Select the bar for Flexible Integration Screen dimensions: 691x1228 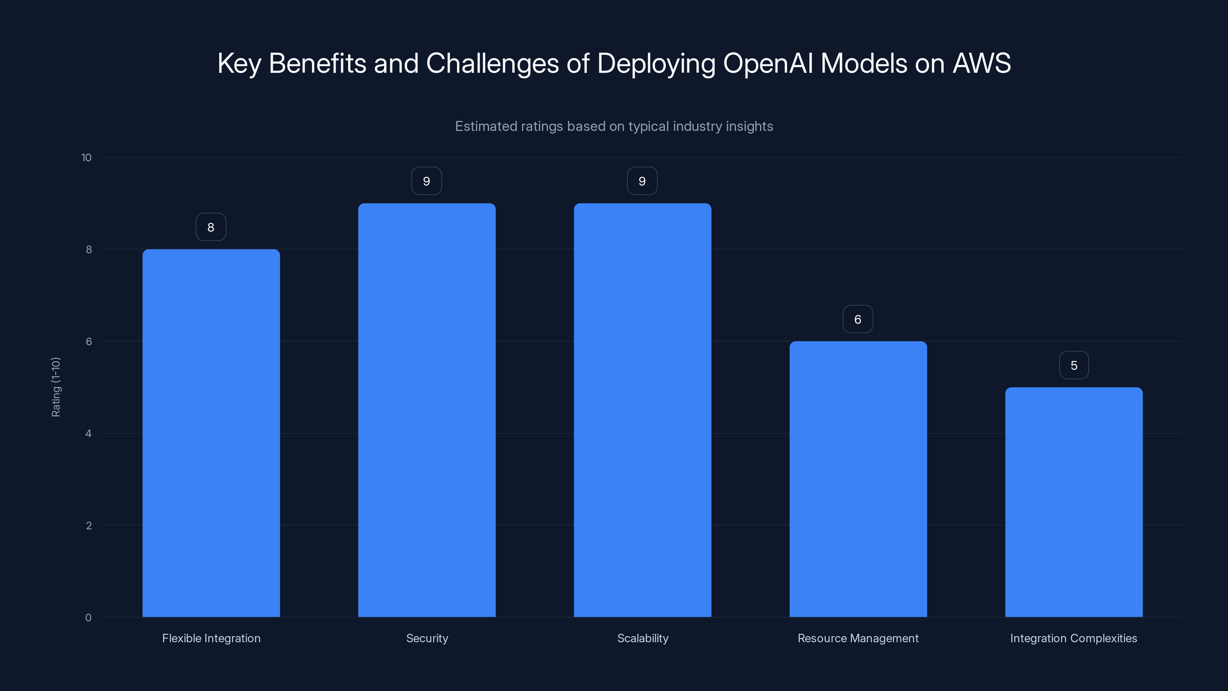tap(211, 433)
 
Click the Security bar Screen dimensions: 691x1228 tap(427, 410)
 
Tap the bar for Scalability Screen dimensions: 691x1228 tap(642, 410)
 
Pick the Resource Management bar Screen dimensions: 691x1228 tap(858, 479)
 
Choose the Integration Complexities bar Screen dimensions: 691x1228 tap(1074, 502)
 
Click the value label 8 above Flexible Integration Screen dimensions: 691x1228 tap(211, 227)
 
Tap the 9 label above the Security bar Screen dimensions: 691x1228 tap(427, 181)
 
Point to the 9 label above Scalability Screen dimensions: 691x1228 tap(642, 181)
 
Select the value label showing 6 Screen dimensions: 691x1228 tap(858, 319)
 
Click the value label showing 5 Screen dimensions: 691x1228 tap(1074, 365)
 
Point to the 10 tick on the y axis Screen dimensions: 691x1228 tap(86, 157)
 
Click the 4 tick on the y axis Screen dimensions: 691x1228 tap(88, 433)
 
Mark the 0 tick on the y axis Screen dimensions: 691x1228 tap(88, 618)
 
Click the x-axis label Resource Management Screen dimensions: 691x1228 tap(858, 638)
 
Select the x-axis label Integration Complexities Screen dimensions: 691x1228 tap(1074, 638)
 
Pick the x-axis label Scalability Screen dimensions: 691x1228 tap(643, 638)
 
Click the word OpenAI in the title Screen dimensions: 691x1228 tap(767, 63)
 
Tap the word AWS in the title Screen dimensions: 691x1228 tap(982, 63)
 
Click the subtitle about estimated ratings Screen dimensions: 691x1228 tap(614, 126)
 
